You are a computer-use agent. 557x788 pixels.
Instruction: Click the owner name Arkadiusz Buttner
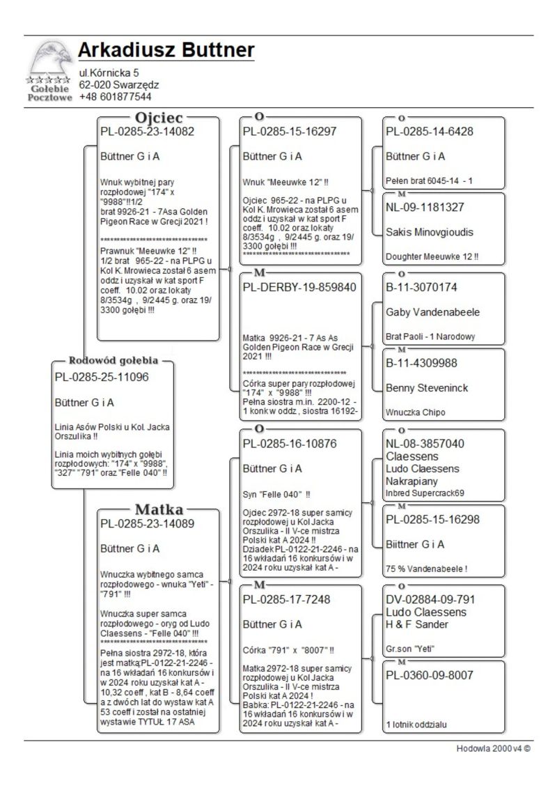[x=166, y=51]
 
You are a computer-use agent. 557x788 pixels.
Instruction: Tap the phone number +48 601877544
[x=115, y=96]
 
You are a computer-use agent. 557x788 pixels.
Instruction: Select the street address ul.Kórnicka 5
[x=109, y=72]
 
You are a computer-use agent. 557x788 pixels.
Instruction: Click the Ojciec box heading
[x=159, y=118]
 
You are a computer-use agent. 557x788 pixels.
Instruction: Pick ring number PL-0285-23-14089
[x=147, y=523]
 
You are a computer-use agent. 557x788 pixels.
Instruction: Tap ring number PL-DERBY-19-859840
[x=299, y=287]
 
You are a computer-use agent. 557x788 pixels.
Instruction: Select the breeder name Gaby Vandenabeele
[x=432, y=311]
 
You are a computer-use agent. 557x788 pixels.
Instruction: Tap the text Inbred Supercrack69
[x=425, y=493]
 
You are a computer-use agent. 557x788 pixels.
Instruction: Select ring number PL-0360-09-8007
[x=430, y=675]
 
